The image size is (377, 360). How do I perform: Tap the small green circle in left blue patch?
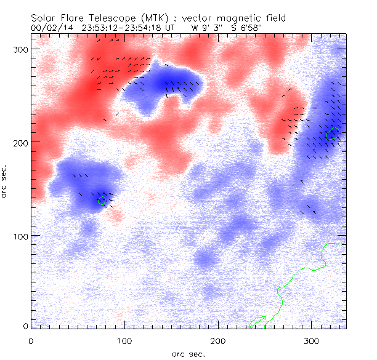tap(102, 200)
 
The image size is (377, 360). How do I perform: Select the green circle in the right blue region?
tap(333, 134)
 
